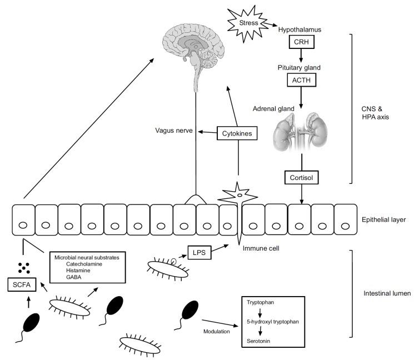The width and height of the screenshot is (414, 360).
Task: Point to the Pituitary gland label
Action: pos(301,67)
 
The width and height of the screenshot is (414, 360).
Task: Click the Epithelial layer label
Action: pos(383,220)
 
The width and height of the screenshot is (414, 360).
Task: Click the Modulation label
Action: pos(216,331)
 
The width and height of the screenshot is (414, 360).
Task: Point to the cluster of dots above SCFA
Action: pos(24,267)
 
